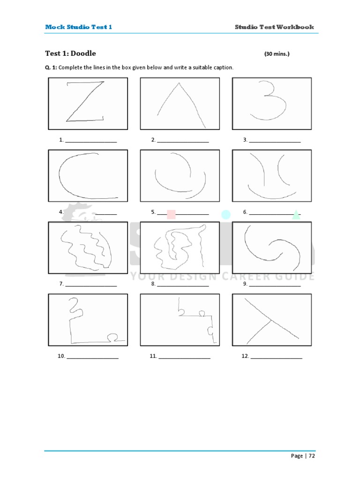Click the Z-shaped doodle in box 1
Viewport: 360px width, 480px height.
[85, 102]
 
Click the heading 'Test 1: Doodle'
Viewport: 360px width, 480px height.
[70, 53]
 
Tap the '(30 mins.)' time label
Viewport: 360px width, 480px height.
[277, 54]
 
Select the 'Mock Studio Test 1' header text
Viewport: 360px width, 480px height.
[78, 27]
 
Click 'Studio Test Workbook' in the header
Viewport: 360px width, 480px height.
[274, 27]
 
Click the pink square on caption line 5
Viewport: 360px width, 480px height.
[171, 214]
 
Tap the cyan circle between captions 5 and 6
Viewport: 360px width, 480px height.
[226, 215]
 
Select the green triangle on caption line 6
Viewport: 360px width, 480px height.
[295, 215]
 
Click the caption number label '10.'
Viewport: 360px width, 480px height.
[61, 356]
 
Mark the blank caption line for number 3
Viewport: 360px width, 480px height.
[275, 140]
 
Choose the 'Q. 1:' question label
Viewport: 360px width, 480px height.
[51, 67]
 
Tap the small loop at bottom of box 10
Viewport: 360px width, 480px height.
[112, 336]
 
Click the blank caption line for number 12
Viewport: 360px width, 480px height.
[277, 357]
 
